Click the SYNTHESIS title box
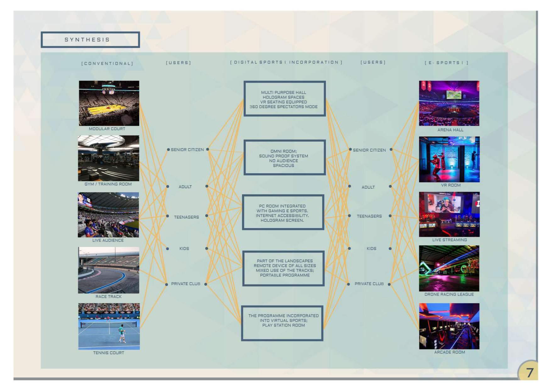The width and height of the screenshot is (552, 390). (90, 40)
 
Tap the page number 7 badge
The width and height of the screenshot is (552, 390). (528, 371)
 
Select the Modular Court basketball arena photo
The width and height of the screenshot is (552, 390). (109, 103)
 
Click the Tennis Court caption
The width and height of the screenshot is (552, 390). (109, 353)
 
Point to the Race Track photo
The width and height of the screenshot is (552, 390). (109, 270)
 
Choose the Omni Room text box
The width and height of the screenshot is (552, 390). (284, 157)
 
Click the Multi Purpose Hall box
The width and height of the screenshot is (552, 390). (284, 99)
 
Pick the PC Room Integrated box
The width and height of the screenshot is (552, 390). (283, 212)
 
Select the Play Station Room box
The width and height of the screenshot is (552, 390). (282, 323)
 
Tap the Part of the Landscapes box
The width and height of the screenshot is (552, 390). (283, 268)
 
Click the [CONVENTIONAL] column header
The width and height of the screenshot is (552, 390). (107, 64)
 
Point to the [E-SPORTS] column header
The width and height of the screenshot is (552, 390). (447, 63)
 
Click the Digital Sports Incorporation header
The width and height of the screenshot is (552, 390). (286, 62)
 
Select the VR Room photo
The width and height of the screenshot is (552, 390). (449, 159)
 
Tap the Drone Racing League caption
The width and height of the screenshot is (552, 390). (449, 294)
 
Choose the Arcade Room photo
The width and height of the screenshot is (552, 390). (449, 326)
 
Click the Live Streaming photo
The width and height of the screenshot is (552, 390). (449, 214)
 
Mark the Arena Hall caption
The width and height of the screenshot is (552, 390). (450, 130)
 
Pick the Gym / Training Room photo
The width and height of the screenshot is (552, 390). (109, 158)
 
